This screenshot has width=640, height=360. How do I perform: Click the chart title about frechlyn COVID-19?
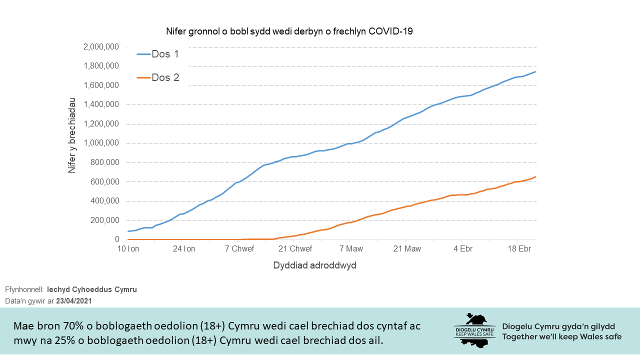click(x=289, y=31)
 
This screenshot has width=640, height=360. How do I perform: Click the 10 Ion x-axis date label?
click(x=128, y=249)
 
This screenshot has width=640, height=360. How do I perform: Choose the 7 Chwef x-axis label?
click(x=239, y=249)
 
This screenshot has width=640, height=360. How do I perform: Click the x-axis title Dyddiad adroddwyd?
click(x=314, y=265)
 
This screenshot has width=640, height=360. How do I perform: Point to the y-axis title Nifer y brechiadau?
click(x=72, y=135)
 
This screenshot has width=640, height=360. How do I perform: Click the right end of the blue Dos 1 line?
click(x=535, y=72)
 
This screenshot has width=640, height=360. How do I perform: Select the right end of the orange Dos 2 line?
click(x=535, y=176)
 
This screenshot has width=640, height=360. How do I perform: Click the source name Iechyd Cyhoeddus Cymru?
click(x=91, y=289)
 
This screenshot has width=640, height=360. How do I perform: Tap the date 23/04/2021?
click(x=73, y=301)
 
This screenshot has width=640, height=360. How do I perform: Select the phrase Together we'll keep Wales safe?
click(x=562, y=336)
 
